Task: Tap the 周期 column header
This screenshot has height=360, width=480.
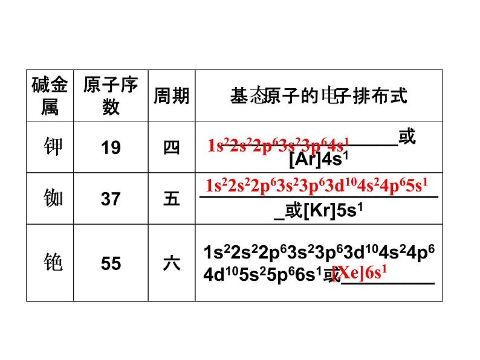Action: click(171, 95)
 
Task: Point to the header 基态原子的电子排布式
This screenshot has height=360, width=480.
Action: click(319, 95)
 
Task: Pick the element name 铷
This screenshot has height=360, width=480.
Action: click(54, 198)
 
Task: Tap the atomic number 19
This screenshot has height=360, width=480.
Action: click(111, 147)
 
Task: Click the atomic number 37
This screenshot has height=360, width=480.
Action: click(111, 199)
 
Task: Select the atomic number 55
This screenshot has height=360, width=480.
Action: click(111, 264)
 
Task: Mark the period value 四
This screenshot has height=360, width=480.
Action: click(172, 147)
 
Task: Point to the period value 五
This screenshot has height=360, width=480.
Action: click(172, 199)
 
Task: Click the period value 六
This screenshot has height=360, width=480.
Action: click(172, 264)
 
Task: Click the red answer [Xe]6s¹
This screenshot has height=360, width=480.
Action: click(361, 272)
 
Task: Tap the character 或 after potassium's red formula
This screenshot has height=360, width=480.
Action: click(407, 137)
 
